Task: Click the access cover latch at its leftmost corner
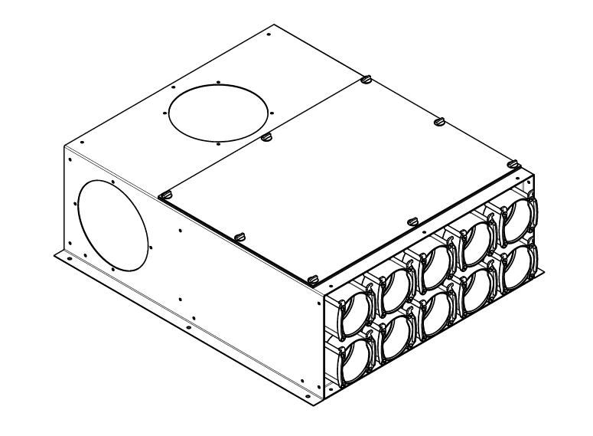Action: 165,195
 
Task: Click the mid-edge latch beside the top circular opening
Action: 266,137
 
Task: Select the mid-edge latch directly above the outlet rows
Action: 412,221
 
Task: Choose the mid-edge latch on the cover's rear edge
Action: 439,120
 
